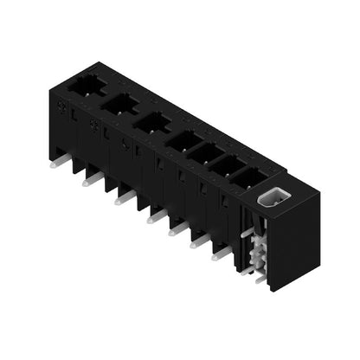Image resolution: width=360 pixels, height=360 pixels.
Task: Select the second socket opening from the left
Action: [x=120, y=104]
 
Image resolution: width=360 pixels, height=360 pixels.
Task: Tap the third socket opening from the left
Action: [x=152, y=122]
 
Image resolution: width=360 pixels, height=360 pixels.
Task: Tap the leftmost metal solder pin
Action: [x=59, y=162]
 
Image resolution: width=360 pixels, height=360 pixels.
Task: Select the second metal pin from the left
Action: [x=91, y=180]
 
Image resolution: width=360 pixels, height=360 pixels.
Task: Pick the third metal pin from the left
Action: [x=125, y=198]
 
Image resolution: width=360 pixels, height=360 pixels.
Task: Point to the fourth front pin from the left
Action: [x=156, y=215]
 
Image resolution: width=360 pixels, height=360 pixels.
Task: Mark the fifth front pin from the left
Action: [x=178, y=228]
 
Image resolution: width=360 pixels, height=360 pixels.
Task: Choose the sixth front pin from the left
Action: [x=199, y=241]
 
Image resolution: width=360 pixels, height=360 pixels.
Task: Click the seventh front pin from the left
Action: [x=220, y=253]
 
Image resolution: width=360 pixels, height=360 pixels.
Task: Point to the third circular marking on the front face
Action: [x=126, y=146]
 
